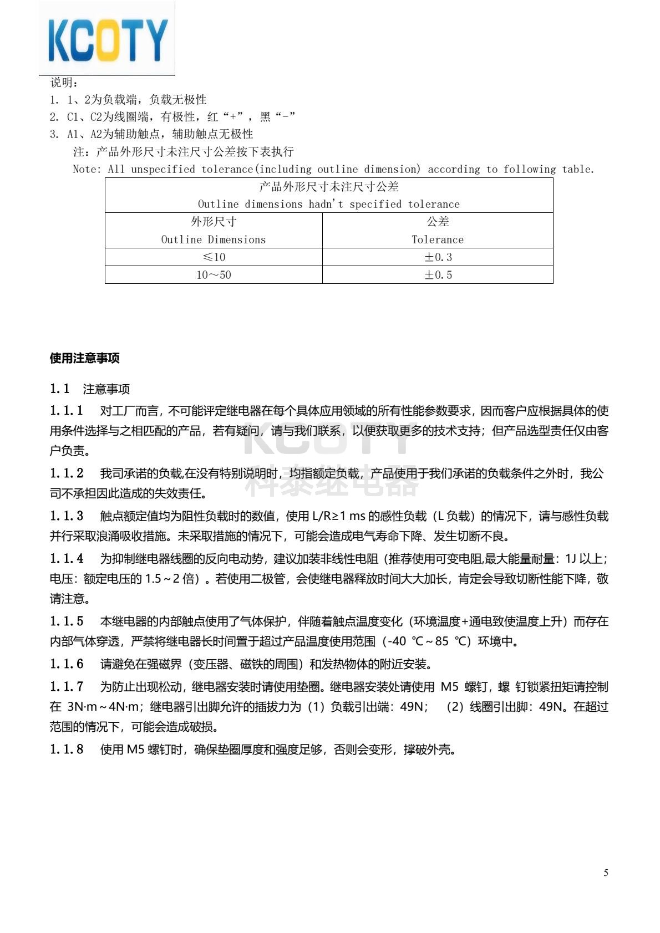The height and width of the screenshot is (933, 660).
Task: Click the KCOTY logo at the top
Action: (107, 39)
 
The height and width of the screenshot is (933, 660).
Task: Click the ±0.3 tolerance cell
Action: (438, 257)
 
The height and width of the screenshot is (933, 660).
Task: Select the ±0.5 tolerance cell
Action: (438, 275)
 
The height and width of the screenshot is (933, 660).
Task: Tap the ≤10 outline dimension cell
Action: (214, 257)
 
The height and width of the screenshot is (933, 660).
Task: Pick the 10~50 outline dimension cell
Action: (214, 275)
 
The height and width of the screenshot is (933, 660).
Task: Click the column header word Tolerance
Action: (438, 239)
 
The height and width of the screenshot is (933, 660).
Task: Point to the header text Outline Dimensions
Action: (214, 239)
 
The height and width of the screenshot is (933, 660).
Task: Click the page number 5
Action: (606, 873)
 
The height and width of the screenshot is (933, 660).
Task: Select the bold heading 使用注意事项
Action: (84, 358)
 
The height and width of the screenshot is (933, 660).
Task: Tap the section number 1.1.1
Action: (67, 411)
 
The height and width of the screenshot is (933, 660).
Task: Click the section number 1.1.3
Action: (67, 516)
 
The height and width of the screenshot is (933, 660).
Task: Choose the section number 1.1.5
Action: (67, 621)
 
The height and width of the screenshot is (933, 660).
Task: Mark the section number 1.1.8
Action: (67, 750)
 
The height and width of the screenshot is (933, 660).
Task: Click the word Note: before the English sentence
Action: (87, 170)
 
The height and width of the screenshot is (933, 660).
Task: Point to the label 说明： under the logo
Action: (64, 83)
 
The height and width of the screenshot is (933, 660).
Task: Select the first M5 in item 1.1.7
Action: (449, 687)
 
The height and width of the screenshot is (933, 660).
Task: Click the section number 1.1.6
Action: (67, 664)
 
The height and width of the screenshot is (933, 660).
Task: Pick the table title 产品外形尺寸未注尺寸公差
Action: (329, 187)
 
